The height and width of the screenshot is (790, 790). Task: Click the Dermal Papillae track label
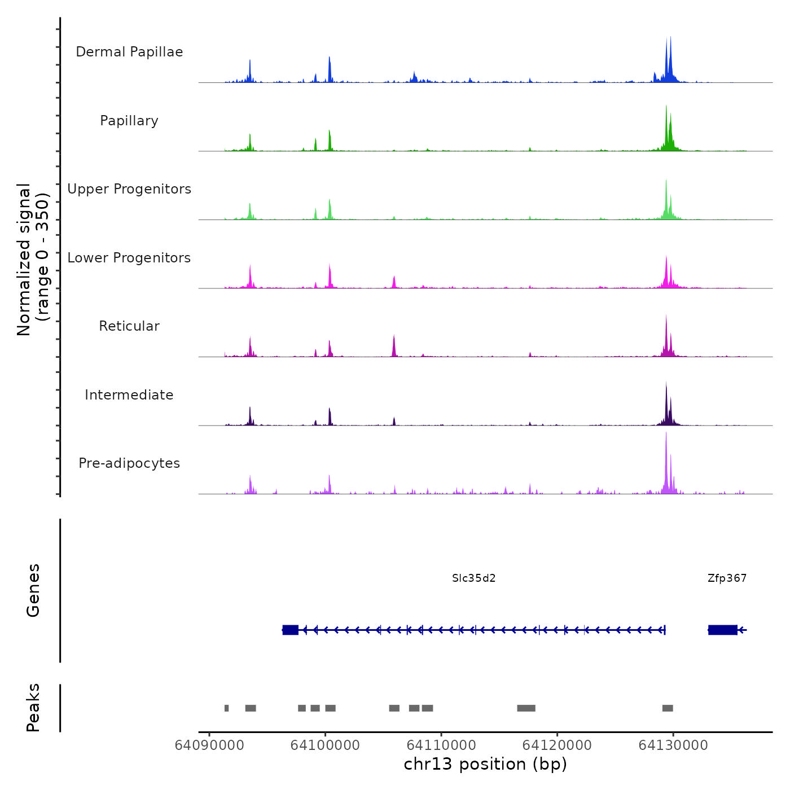(x=129, y=52)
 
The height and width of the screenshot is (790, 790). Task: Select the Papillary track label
(x=129, y=121)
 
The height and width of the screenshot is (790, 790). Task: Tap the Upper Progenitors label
(x=129, y=189)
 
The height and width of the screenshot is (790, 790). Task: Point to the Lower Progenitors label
(x=129, y=258)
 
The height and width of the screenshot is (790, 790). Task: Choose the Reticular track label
(x=129, y=326)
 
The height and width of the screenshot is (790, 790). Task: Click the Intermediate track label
(x=129, y=395)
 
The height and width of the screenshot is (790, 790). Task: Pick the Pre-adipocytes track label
(x=129, y=463)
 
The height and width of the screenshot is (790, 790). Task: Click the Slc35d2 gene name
(x=473, y=578)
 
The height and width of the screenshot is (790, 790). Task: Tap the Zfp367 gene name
(x=727, y=578)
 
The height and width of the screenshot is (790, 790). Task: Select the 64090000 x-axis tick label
(x=209, y=745)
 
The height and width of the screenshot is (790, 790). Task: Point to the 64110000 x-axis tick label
(x=441, y=745)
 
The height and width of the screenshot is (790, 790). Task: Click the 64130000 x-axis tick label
(x=673, y=745)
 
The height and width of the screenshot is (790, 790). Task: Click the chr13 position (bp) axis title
(x=485, y=764)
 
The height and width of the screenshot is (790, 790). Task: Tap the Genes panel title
(x=33, y=590)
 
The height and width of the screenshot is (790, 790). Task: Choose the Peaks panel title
(x=33, y=708)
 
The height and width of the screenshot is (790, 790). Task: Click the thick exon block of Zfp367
(x=723, y=630)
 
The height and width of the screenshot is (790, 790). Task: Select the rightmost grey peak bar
(x=668, y=708)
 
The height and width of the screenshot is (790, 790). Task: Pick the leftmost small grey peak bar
(x=226, y=708)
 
